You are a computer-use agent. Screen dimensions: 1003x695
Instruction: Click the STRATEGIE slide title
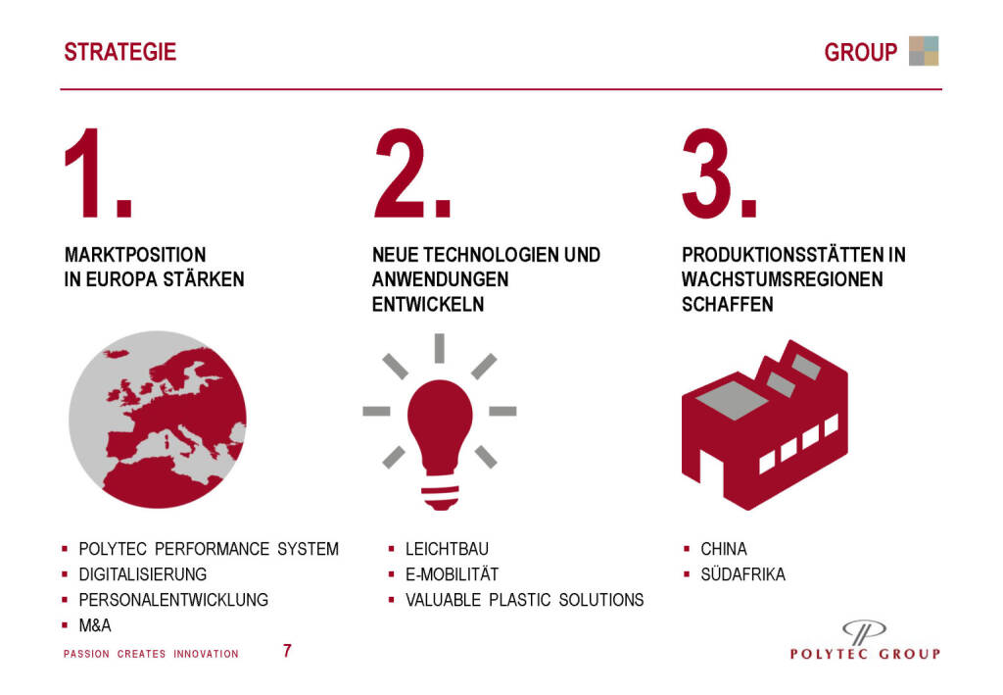pyautogui.click(x=119, y=52)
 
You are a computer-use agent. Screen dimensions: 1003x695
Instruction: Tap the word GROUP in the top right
pyautogui.click(x=860, y=53)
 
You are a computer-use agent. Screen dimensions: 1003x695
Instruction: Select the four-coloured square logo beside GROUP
pyautogui.click(x=924, y=51)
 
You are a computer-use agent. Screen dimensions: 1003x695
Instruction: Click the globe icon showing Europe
pyautogui.click(x=158, y=420)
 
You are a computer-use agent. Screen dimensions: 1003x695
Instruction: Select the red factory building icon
pyautogui.click(x=764, y=424)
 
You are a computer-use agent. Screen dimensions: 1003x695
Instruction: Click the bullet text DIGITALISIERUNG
pyautogui.click(x=143, y=574)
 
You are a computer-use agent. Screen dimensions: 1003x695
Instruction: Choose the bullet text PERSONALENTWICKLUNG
pyautogui.click(x=173, y=600)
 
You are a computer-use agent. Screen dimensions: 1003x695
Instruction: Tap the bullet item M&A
pyautogui.click(x=95, y=625)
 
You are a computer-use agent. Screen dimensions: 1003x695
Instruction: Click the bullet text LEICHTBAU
pyautogui.click(x=447, y=548)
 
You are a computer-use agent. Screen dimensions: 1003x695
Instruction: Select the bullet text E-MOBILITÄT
pyautogui.click(x=452, y=574)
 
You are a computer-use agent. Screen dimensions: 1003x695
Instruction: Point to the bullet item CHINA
pyautogui.click(x=724, y=548)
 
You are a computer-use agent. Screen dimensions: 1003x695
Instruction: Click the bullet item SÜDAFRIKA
pyautogui.click(x=742, y=574)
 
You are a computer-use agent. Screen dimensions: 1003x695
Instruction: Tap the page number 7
pyautogui.click(x=287, y=651)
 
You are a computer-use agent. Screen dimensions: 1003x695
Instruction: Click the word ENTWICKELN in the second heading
pyautogui.click(x=428, y=305)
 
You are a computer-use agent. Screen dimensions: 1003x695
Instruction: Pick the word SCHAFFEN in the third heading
pyautogui.click(x=728, y=305)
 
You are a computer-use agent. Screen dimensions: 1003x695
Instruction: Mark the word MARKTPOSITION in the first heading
pyautogui.click(x=135, y=255)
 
